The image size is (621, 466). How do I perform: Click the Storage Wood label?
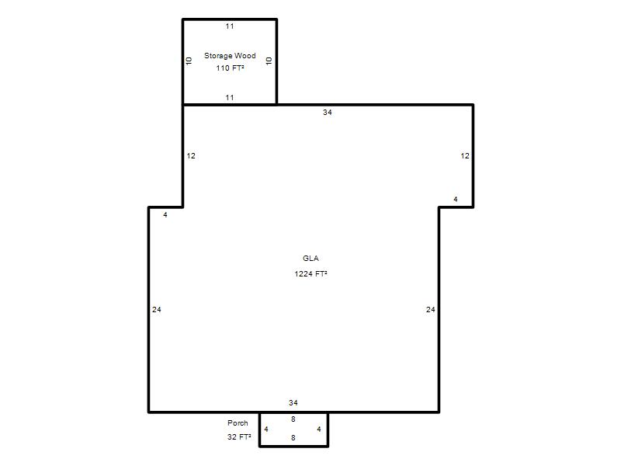click(230, 56)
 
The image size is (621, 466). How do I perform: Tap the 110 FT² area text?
click(230, 68)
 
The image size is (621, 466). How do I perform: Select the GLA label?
click(310, 259)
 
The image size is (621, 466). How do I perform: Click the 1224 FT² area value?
click(310, 274)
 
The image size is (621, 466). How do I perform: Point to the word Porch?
click(238, 423)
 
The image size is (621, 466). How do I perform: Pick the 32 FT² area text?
click(239, 436)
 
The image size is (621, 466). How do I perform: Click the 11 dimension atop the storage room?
click(230, 26)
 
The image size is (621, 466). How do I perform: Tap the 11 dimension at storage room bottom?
click(230, 98)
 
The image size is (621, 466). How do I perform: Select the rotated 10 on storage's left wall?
click(189, 61)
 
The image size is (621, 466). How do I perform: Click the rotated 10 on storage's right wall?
click(269, 61)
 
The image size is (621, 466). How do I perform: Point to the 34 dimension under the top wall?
click(327, 113)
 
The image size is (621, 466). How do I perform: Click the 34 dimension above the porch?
click(293, 403)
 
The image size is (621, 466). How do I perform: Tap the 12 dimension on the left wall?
click(191, 156)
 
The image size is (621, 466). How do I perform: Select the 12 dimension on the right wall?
click(465, 156)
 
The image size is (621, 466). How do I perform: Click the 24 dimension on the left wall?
click(157, 310)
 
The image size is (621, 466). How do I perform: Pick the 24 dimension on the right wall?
click(431, 310)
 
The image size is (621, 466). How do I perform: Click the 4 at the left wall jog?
click(165, 215)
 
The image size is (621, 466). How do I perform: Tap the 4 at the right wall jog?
click(456, 200)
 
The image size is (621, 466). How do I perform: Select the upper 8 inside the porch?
click(293, 419)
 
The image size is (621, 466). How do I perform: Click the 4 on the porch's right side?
click(319, 429)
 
